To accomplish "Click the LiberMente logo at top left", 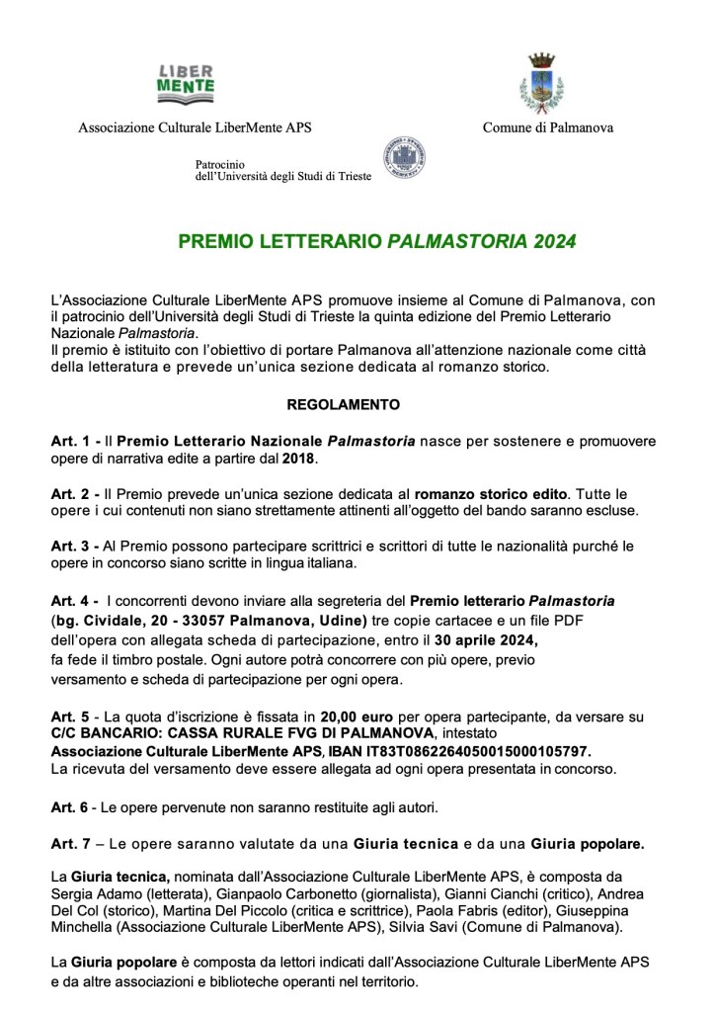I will tap(186, 82).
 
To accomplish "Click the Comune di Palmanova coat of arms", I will tap(541, 82).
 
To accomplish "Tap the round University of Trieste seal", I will tap(404, 158).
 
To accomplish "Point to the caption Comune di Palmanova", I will tap(548, 127).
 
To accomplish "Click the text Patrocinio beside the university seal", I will tap(220, 164).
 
